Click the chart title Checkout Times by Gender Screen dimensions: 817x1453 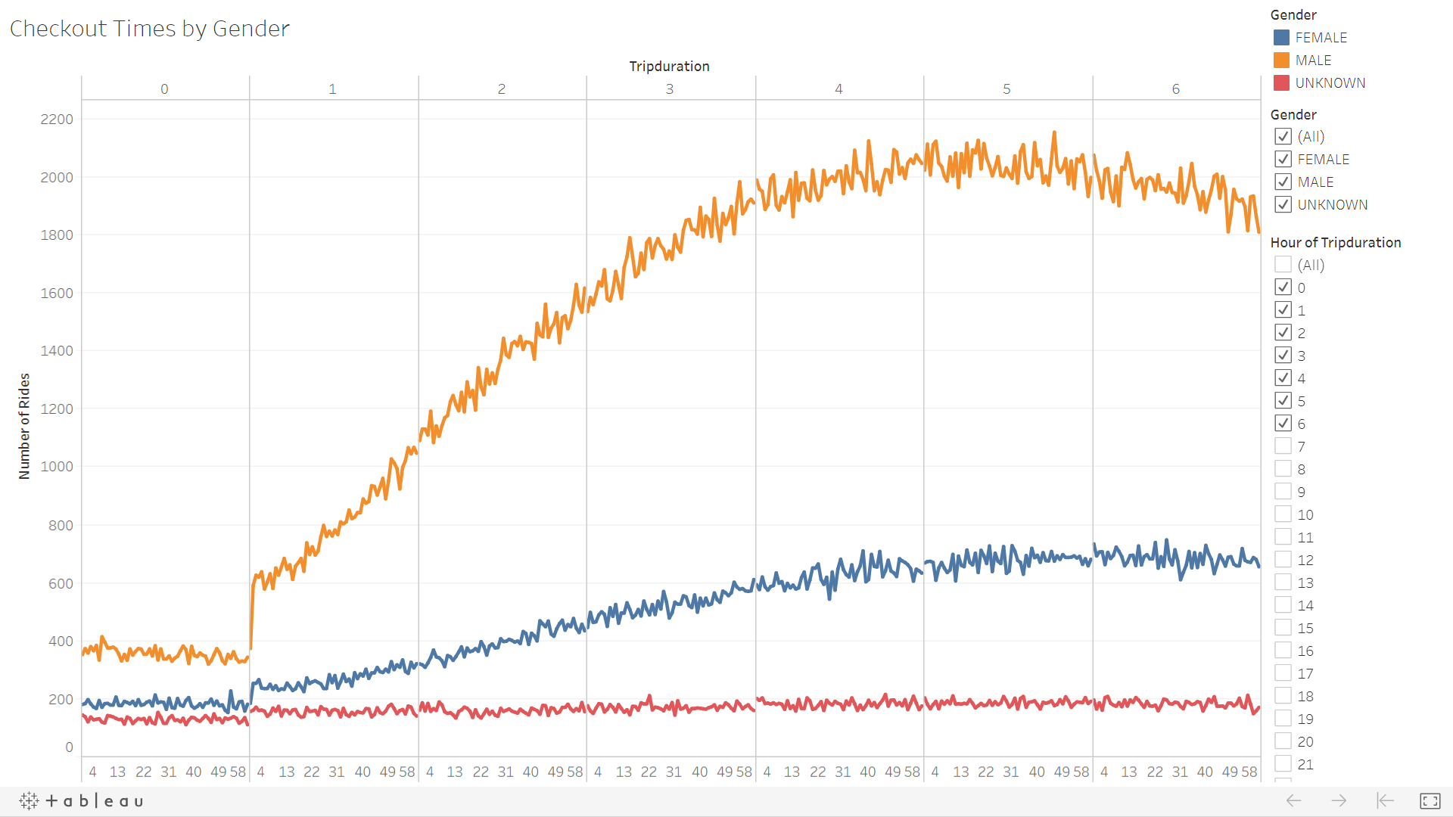click(x=150, y=29)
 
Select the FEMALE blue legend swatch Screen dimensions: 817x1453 click(x=1281, y=38)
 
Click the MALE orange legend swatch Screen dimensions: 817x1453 click(x=1281, y=61)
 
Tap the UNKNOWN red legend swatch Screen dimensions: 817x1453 click(x=1281, y=83)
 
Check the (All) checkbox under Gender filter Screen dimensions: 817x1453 click(x=1283, y=136)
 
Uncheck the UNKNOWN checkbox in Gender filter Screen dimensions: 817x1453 click(x=1283, y=204)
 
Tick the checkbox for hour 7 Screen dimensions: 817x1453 click(x=1283, y=446)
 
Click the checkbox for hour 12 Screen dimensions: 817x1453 click(x=1283, y=560)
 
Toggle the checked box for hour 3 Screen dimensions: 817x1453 click(x=1283, y=356)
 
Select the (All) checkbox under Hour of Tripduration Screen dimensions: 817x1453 click(x=1283, y=265)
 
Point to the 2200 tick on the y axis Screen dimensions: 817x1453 click(x=57, y=120)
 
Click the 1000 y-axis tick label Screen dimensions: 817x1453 click(x=57, y=467)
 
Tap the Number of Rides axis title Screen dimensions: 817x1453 click(x=24, y=426)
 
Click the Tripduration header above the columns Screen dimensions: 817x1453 click(x=669, y=67)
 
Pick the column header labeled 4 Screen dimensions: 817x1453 click(x=839, y=89)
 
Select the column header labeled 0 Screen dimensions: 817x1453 click(x=164, y=89)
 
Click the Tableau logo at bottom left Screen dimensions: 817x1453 click(x=82, y=800)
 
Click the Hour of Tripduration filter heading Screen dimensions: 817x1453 click(x=1336, y=243)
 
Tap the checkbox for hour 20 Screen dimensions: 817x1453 click(x=1283, y=741)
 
